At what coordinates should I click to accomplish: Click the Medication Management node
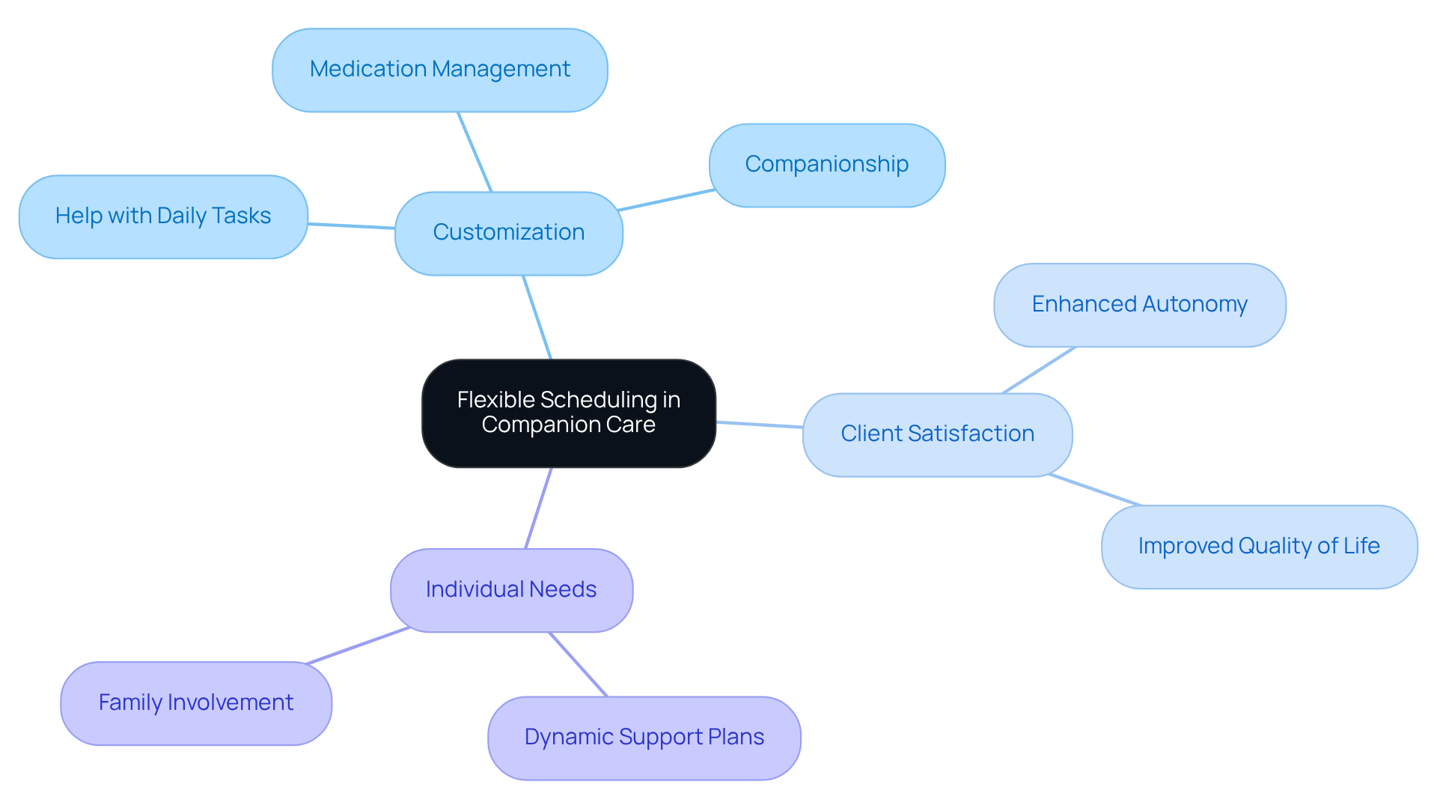tap(440, 70)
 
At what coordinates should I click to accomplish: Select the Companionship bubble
tap(826, 165)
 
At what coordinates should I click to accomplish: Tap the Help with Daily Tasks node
tap(163, 216)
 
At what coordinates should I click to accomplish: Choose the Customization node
tap(508, 233)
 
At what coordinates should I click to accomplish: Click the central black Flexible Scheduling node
tap(568, 413)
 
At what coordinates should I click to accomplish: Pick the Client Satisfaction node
tap(937, 434)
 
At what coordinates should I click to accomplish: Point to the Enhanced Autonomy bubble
tap(1139, 305)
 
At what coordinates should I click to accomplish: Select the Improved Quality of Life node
tap(1259, 547)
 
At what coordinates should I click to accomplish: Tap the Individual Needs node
tap(511, 590)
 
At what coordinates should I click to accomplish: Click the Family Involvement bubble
tap(196, 703)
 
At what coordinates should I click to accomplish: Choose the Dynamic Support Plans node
tap(644, 738)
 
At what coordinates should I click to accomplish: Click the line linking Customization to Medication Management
tap(475, 152)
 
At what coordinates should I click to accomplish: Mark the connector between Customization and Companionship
tap(666, 200)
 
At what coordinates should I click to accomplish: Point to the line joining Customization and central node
tap(537, 318)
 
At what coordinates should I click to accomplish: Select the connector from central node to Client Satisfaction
tap(759, 425)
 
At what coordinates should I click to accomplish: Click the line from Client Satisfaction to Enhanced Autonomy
tap(1039, 370)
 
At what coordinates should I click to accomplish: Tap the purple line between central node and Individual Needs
tap(539, 508)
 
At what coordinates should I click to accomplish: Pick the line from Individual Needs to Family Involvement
tap(358, 646)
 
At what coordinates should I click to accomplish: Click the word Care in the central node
tap(631, 425)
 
